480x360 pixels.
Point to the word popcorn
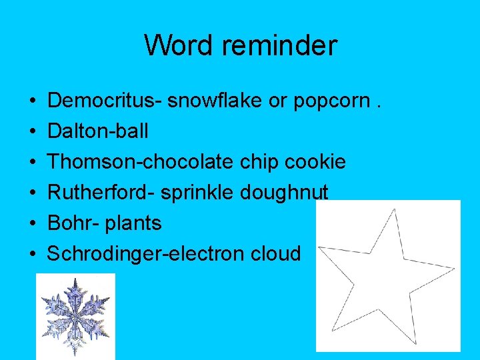pos(333,101)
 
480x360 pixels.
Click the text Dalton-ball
pos(98,131)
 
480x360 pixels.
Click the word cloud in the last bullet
pos(276,253)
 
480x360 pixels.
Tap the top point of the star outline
pos(395,210)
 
